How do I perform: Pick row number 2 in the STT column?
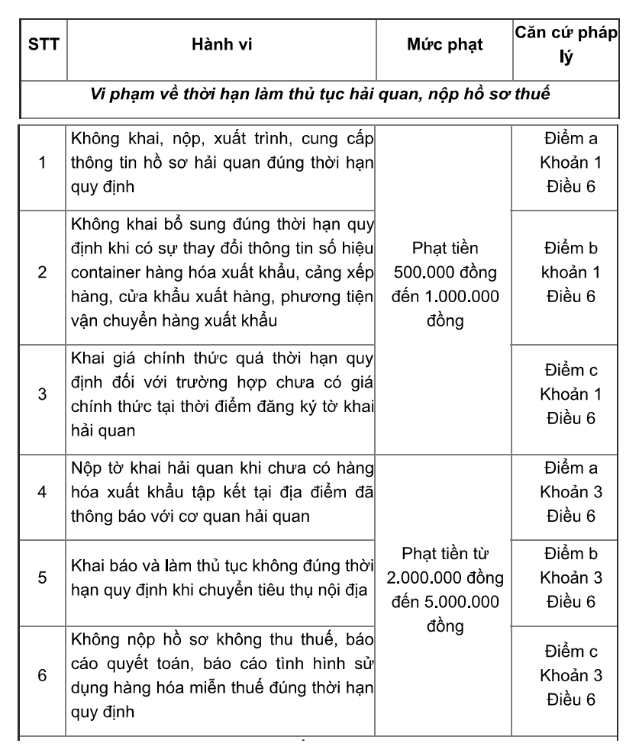40,273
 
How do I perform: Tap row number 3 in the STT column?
40,394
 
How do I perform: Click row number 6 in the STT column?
40,676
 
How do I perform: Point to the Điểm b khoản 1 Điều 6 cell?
566,273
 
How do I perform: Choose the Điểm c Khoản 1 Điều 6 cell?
566,394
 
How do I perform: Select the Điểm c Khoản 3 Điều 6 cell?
566,676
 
